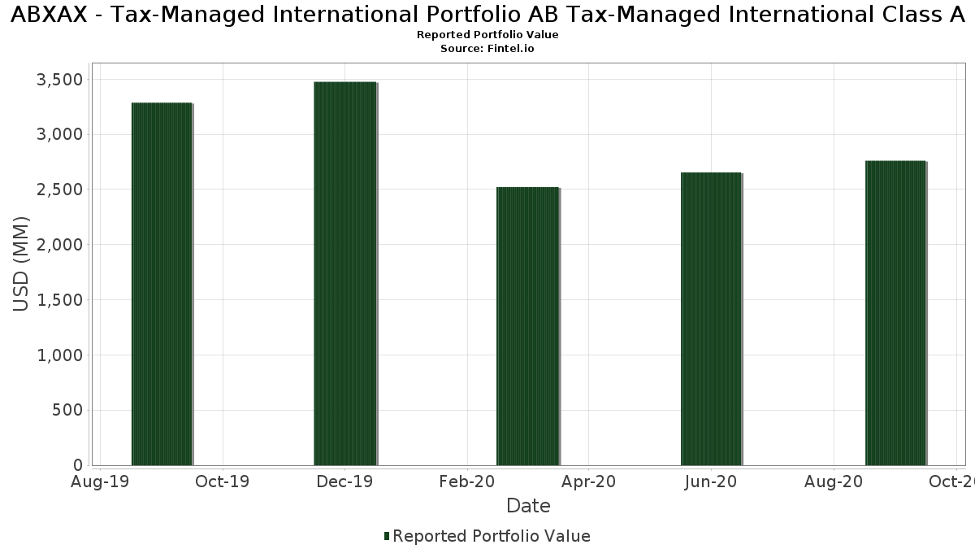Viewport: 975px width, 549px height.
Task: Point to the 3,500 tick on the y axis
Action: tap(61, 79)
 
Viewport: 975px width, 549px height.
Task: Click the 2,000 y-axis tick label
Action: tap(61, 245)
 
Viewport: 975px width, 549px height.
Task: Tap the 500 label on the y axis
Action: tap(67, 410)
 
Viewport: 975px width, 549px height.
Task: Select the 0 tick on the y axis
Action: tap(78, 465)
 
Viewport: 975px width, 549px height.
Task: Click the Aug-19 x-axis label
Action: tap(100, 481)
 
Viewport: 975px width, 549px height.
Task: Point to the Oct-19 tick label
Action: tap(223, 481)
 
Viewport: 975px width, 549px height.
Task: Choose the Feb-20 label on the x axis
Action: tap(467, 481)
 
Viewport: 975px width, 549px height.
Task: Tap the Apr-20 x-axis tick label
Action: tap(589, 481)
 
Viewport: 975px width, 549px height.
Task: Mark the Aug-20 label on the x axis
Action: tap(834, 481)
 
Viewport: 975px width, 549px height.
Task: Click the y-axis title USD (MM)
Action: tap(22, 264)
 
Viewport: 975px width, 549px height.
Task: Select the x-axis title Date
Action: tap(528, 506)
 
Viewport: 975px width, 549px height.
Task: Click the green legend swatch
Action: tap(387, 536)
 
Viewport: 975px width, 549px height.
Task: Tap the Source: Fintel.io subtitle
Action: tap(487, 49)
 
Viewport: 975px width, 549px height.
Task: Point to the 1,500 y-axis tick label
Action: tap(61, 300)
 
